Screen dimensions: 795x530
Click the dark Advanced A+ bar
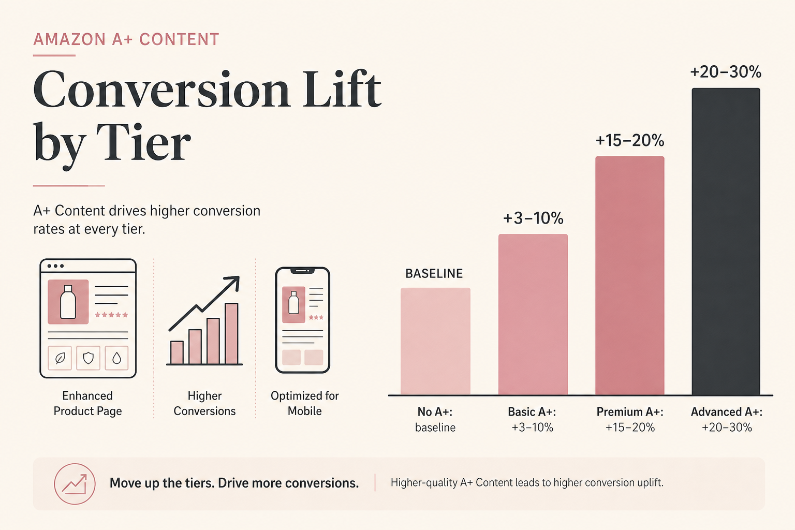pos(726,241)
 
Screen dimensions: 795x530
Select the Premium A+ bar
pos(629,275)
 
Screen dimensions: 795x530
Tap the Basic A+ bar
pos(533,314)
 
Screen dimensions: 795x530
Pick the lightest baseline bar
pos(435,341)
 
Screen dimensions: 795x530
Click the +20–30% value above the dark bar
pos(726,72)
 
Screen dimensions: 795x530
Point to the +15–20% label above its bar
pos(629,141)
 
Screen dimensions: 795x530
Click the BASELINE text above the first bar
pos(434,273)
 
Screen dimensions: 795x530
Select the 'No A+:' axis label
pos(435,412)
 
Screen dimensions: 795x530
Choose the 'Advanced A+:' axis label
pos(727,412)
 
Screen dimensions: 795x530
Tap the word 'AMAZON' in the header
pos(69,39)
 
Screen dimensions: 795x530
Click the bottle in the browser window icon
pos(68,302)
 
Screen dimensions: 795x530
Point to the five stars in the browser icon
pos(111,315)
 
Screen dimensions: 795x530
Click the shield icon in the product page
pos(89,358)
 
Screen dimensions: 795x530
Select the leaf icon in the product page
pos(60,358)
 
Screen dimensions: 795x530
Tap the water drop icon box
pos(117,358)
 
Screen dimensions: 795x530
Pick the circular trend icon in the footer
pos(75,484)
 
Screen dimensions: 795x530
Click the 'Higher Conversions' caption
pos(204,403)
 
